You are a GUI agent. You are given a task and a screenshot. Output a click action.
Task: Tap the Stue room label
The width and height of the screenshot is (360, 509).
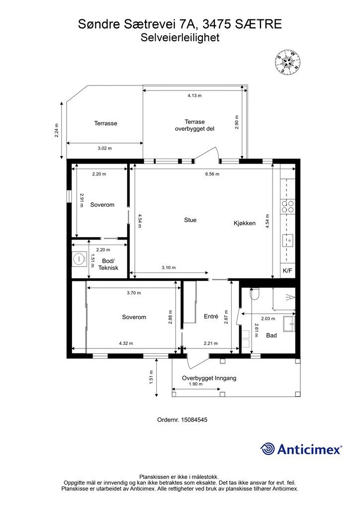190,220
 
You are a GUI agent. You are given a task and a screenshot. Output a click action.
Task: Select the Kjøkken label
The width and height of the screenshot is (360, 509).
245,223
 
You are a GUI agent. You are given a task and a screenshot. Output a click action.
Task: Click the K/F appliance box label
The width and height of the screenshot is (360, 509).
287,270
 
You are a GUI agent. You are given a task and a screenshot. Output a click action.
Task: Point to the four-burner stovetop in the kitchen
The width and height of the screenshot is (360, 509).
287,206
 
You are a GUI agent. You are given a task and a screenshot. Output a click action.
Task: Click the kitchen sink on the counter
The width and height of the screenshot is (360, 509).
288,241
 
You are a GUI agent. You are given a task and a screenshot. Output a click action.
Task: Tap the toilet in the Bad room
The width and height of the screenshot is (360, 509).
255,294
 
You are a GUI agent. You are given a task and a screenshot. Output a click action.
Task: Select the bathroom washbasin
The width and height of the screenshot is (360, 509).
289,324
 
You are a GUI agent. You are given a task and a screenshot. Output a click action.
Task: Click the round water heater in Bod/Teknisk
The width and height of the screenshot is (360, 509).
79,258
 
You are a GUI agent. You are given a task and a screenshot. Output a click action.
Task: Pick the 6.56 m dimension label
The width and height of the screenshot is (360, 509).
212,174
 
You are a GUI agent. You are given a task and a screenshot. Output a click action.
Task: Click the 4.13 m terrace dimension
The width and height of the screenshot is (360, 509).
194,95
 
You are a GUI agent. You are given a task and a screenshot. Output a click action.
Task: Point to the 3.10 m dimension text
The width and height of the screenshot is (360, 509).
169,267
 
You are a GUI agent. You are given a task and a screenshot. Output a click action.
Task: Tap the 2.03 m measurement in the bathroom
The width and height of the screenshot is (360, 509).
268,319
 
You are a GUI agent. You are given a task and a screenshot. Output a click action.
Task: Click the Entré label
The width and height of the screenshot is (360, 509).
211,316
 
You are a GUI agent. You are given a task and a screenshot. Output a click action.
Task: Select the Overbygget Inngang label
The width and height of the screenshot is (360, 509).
209,378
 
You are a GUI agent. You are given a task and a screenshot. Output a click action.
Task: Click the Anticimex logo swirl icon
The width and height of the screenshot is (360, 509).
268,449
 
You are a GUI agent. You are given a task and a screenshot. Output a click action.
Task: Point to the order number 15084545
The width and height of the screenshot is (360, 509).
194,420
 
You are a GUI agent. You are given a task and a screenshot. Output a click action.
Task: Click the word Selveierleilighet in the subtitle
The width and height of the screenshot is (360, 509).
180,37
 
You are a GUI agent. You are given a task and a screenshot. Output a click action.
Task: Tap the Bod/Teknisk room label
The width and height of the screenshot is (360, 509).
108,264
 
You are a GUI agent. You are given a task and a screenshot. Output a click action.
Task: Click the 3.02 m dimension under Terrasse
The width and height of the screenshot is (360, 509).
104,148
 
